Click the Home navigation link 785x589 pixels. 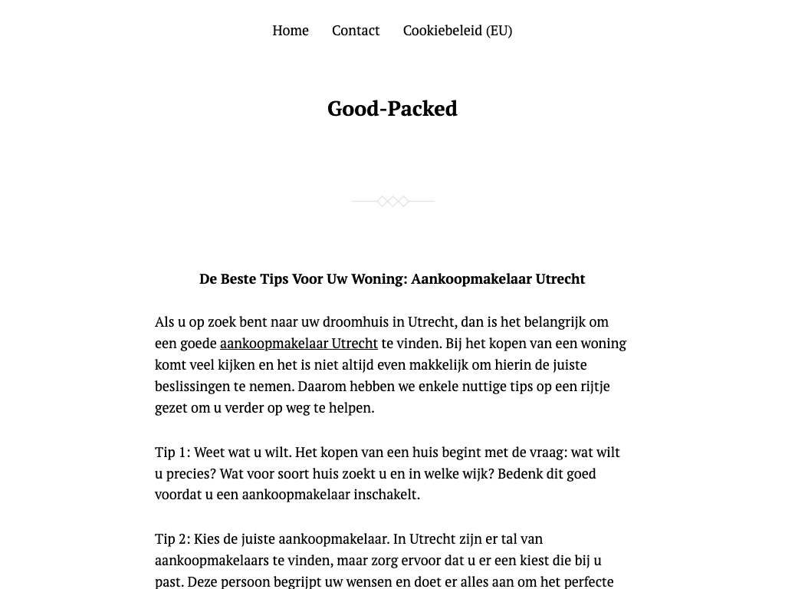click(x=291, y=31)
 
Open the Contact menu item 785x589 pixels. click(x=356, y=31)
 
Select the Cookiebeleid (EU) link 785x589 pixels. click(x=457, y=31)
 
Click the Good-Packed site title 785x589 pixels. click(x=392, y=109)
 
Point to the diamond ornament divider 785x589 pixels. click(x=392, y=202)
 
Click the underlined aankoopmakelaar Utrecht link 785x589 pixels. click(x=299, y=344)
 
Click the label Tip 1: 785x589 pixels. click(x=172, y=452)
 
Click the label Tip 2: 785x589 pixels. click(x=172, y=539)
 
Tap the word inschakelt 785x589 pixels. click(x=386, y=495)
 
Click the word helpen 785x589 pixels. click(x=352, y=408)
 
